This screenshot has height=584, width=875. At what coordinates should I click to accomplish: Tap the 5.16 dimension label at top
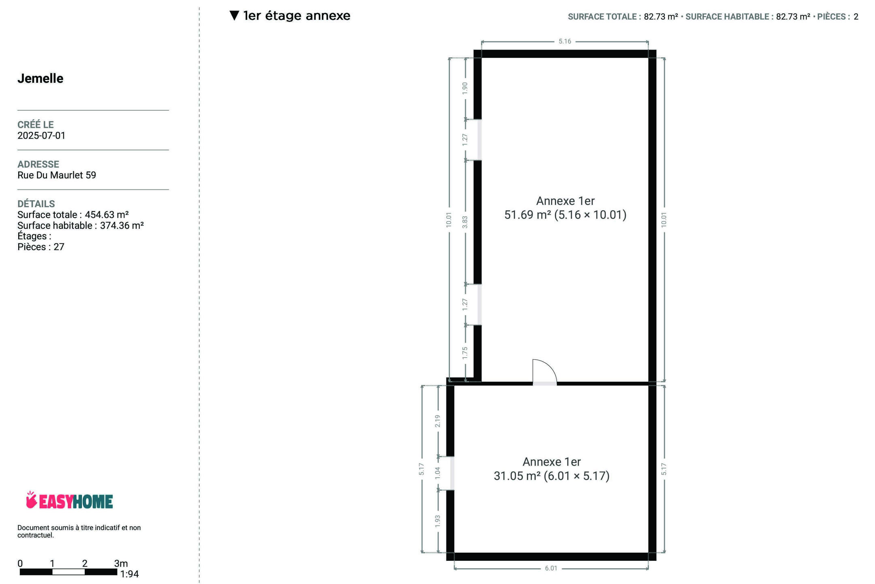(x=565, y=41)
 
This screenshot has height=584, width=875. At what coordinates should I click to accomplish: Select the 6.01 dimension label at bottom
(x=551, y=568)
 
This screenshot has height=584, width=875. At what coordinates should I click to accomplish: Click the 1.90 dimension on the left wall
(x=465, y=88)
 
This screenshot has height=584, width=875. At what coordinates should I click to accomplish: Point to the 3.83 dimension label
(x=465, y=222)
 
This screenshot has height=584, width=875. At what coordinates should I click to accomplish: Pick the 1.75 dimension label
(x=465, y=353)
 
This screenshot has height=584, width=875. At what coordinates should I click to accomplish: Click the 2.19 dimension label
(x=437, y=421)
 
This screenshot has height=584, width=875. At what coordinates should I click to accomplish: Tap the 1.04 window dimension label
(x=437, y=473)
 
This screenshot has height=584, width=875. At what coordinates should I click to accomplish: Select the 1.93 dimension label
(x=437, y=522)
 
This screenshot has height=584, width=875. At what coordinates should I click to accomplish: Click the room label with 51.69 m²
(x=565, y=208)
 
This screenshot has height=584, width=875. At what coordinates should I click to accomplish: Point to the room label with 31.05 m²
(x=551, y=469)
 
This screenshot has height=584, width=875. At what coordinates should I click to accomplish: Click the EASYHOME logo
(x=69, y=500)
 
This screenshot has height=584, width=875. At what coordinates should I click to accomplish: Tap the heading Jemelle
(x=41, y=78)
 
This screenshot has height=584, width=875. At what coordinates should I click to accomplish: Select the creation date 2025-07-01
(x=41, y=135)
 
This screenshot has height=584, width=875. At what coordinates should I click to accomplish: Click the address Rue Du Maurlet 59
(x=57, y=175)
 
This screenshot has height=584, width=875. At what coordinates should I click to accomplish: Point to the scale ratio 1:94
(x=130, y=574)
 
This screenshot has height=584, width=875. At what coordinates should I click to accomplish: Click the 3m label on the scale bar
(x=121, y=563)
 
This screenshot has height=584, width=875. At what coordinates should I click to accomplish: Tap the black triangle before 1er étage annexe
(x=234, y=15)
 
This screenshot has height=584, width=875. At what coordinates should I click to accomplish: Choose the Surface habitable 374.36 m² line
(x=81, y=225)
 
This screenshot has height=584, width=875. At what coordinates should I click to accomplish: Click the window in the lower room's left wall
(x=452, y=473)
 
